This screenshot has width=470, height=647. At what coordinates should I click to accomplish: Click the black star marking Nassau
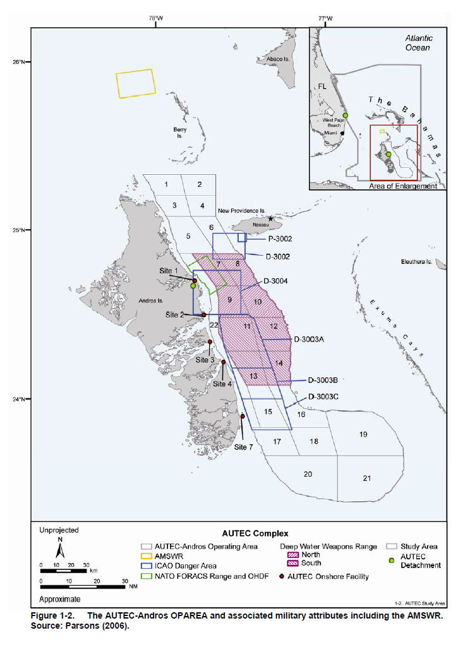click(x=270, y=218)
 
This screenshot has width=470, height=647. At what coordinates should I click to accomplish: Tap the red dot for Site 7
click(x=243, y=417)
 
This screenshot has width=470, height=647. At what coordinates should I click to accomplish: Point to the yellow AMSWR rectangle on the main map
click(x=135, y=83)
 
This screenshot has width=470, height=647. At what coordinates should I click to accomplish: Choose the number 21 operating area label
click(x=366, y=478)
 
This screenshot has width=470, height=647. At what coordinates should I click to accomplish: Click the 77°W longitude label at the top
click(x=326, y=18)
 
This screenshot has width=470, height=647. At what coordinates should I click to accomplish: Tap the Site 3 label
click(x=205, y=359)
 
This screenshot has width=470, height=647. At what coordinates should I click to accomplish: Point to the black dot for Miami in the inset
click(x=342, y=133)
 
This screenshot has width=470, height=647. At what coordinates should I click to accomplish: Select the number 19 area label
click(x=363, y=434)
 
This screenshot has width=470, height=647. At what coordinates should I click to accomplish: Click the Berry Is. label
click(x=179, y=132)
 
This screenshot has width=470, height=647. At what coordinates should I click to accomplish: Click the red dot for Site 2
click(x=203, y=314)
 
